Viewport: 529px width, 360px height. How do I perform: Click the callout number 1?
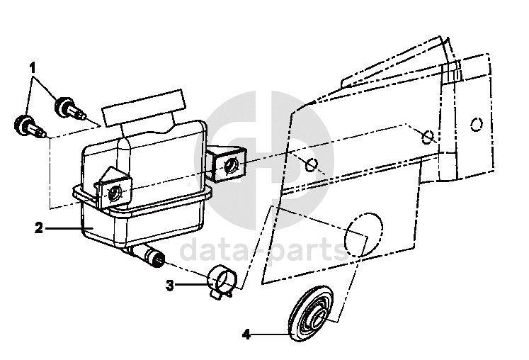[x=33, y=68]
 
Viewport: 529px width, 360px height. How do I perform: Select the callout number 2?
[x=39, y=228]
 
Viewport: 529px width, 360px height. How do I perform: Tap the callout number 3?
[x=170, y=286]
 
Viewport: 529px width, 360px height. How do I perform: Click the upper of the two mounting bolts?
[x=68, y=109]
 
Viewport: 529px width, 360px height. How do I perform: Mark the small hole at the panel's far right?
[x=476, y=125]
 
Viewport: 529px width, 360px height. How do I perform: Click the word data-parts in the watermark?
[x=262, y=249]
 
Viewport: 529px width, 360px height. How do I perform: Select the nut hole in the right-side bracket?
[x=230, y=167]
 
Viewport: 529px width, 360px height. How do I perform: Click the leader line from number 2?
[x=67, y=228]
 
